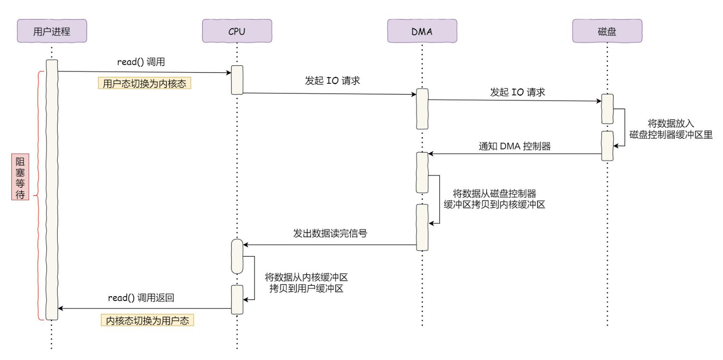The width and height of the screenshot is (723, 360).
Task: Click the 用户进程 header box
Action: point(52,31)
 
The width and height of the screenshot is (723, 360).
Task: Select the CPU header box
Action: point(237,31)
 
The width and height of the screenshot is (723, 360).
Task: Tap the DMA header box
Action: point(422,31)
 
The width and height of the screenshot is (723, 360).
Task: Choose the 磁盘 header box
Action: point(607,31)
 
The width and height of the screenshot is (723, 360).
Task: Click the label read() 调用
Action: point(141,62)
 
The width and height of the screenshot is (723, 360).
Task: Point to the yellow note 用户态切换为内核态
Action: point(144,84)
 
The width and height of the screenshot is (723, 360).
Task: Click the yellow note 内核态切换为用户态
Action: point(147,321)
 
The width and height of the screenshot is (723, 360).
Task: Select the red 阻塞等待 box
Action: point(20,178)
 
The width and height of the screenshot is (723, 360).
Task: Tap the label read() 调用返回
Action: point(141,298)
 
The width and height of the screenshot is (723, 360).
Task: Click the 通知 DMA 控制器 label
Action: point(514,146)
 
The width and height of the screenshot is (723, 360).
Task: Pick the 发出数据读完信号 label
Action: point(330,234)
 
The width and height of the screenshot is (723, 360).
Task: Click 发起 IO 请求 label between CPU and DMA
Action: point(332,81)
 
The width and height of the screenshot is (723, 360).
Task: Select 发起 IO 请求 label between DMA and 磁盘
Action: point(517,92)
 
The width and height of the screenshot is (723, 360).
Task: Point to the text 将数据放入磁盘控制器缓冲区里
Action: point(670,129)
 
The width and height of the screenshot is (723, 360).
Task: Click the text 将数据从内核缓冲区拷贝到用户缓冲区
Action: point(306,283)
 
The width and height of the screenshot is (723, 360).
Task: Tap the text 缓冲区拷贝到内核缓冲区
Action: point(494,205)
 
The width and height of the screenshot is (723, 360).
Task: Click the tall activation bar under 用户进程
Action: point(52,190)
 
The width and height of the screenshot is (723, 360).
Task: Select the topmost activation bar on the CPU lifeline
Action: point(237,80)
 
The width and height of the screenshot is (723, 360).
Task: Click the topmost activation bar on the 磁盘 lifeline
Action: point(607,109)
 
